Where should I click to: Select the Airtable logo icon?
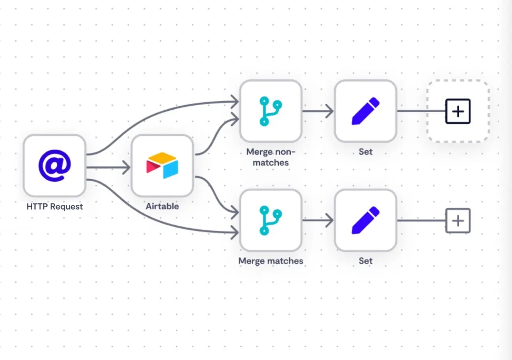tap(162, 166)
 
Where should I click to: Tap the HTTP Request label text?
tap(54, 207)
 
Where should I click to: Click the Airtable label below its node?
tap(162, 207)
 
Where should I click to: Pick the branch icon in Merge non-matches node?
tap(270, 111)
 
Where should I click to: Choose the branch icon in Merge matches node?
tap(270, 220)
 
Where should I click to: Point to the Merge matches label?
tap(270, 261)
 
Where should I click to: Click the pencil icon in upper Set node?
tap(365, 111)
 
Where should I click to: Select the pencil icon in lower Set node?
tap(365, 220)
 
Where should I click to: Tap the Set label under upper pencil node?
tap(365, 152)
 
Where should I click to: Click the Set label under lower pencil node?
tap(365, 261)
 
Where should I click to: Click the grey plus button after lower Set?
tap(458, 220)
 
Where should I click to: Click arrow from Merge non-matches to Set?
tap(318, 111)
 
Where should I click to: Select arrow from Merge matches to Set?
tap(318, 220)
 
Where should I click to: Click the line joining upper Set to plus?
tap(420, 111)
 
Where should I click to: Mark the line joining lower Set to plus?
tap(420, 220)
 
